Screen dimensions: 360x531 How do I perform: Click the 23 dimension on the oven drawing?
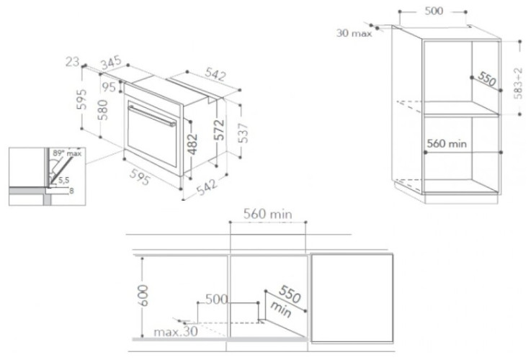71,63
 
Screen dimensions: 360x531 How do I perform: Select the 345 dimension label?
110,65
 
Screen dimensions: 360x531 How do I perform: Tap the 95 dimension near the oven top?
109,87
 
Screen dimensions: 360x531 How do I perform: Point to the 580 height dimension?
104,110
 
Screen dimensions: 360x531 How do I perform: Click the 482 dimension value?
192,143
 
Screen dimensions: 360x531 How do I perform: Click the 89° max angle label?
67,153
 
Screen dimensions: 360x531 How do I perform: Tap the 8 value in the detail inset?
70,191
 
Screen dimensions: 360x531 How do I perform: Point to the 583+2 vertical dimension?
518,83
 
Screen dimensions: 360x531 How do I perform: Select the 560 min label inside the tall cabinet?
447,143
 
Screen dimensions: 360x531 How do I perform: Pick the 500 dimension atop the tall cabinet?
433,11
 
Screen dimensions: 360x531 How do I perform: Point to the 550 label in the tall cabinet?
487,79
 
